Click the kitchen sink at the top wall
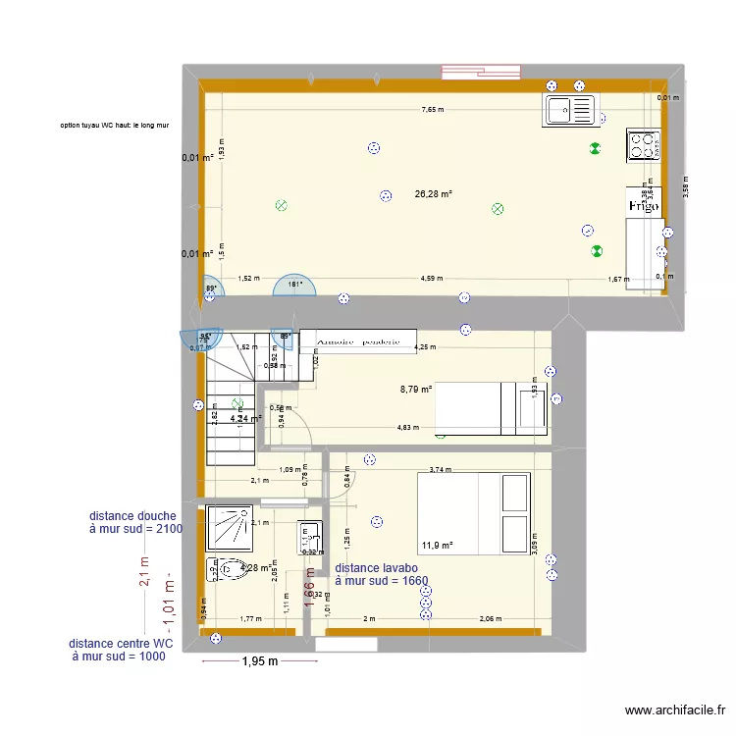coord(569,111)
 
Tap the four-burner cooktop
coord(644,145)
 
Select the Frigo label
coord(644,205)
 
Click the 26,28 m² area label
coord(433,194)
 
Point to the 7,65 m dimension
coord(433,110)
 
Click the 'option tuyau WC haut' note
coord(114,126)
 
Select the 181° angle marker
coord(294,286)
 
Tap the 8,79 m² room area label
coord(416,390)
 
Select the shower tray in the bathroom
coord(233,527)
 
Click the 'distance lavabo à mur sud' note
coord(382,574)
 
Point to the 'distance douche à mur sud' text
coord(133,522)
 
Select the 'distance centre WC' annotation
coord(120,650)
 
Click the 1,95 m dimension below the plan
coord(260,661)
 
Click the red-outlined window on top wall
coord(480,71)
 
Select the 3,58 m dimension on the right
coord(687,190)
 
